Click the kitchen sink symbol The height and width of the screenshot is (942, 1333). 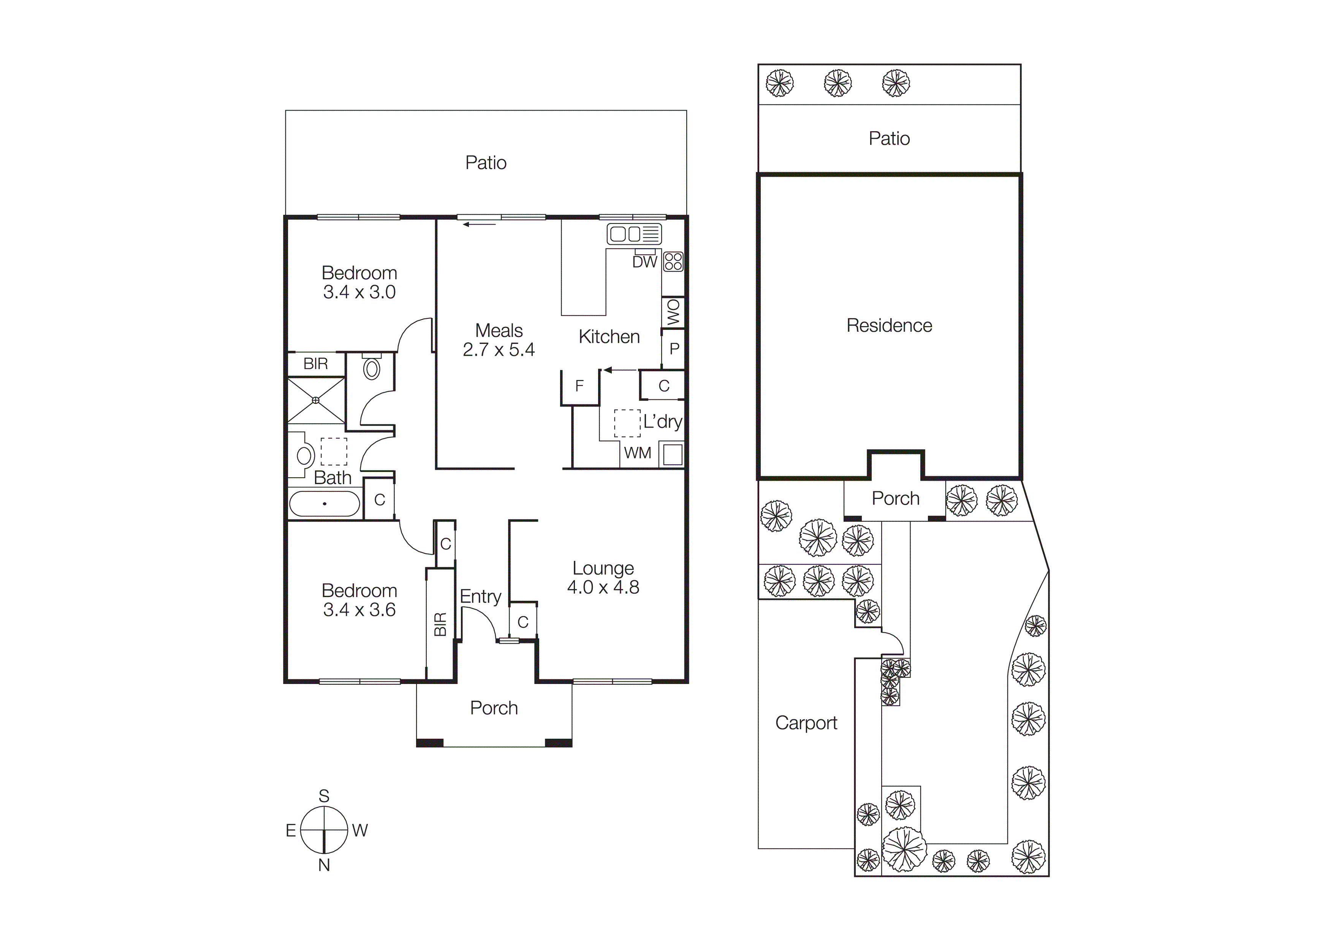634,234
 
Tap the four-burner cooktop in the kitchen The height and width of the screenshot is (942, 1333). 673,262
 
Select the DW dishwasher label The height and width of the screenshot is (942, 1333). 644,262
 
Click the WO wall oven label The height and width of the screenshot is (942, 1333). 673,312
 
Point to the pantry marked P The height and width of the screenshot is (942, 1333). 674,349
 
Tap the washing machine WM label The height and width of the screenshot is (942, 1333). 638,453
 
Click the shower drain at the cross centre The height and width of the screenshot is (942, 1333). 316,400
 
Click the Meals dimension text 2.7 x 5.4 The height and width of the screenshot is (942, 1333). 498,350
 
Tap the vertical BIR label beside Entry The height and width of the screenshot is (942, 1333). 440,624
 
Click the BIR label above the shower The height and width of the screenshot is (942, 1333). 315,364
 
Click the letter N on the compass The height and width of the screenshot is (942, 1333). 324,865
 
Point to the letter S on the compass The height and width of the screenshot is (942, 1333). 324,796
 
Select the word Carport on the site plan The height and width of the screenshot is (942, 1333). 806,723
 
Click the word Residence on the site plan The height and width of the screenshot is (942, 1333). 889,326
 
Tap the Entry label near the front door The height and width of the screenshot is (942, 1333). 480,596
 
